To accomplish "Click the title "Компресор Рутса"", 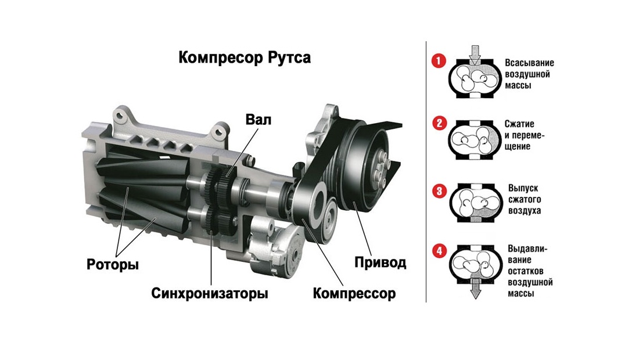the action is point(245,57).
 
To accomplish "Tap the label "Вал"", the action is point(259,120).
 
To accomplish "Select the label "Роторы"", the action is point(113,265).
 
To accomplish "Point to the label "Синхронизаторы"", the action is point(210,293).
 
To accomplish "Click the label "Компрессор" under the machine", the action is point(354,294).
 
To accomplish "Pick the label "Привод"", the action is point(380,262).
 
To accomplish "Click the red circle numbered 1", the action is point(439,61).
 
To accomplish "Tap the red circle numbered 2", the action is point(439,123).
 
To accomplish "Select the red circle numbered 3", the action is point(439,191).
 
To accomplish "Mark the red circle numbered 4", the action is point(439,251).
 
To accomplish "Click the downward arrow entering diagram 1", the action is point(475,55).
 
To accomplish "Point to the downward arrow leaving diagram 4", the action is point(475,289).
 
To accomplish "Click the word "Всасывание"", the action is point(529,63).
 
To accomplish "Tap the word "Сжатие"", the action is point(519,124).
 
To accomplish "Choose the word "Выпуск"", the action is point(523,188).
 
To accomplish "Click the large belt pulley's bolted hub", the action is point(379,167).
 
